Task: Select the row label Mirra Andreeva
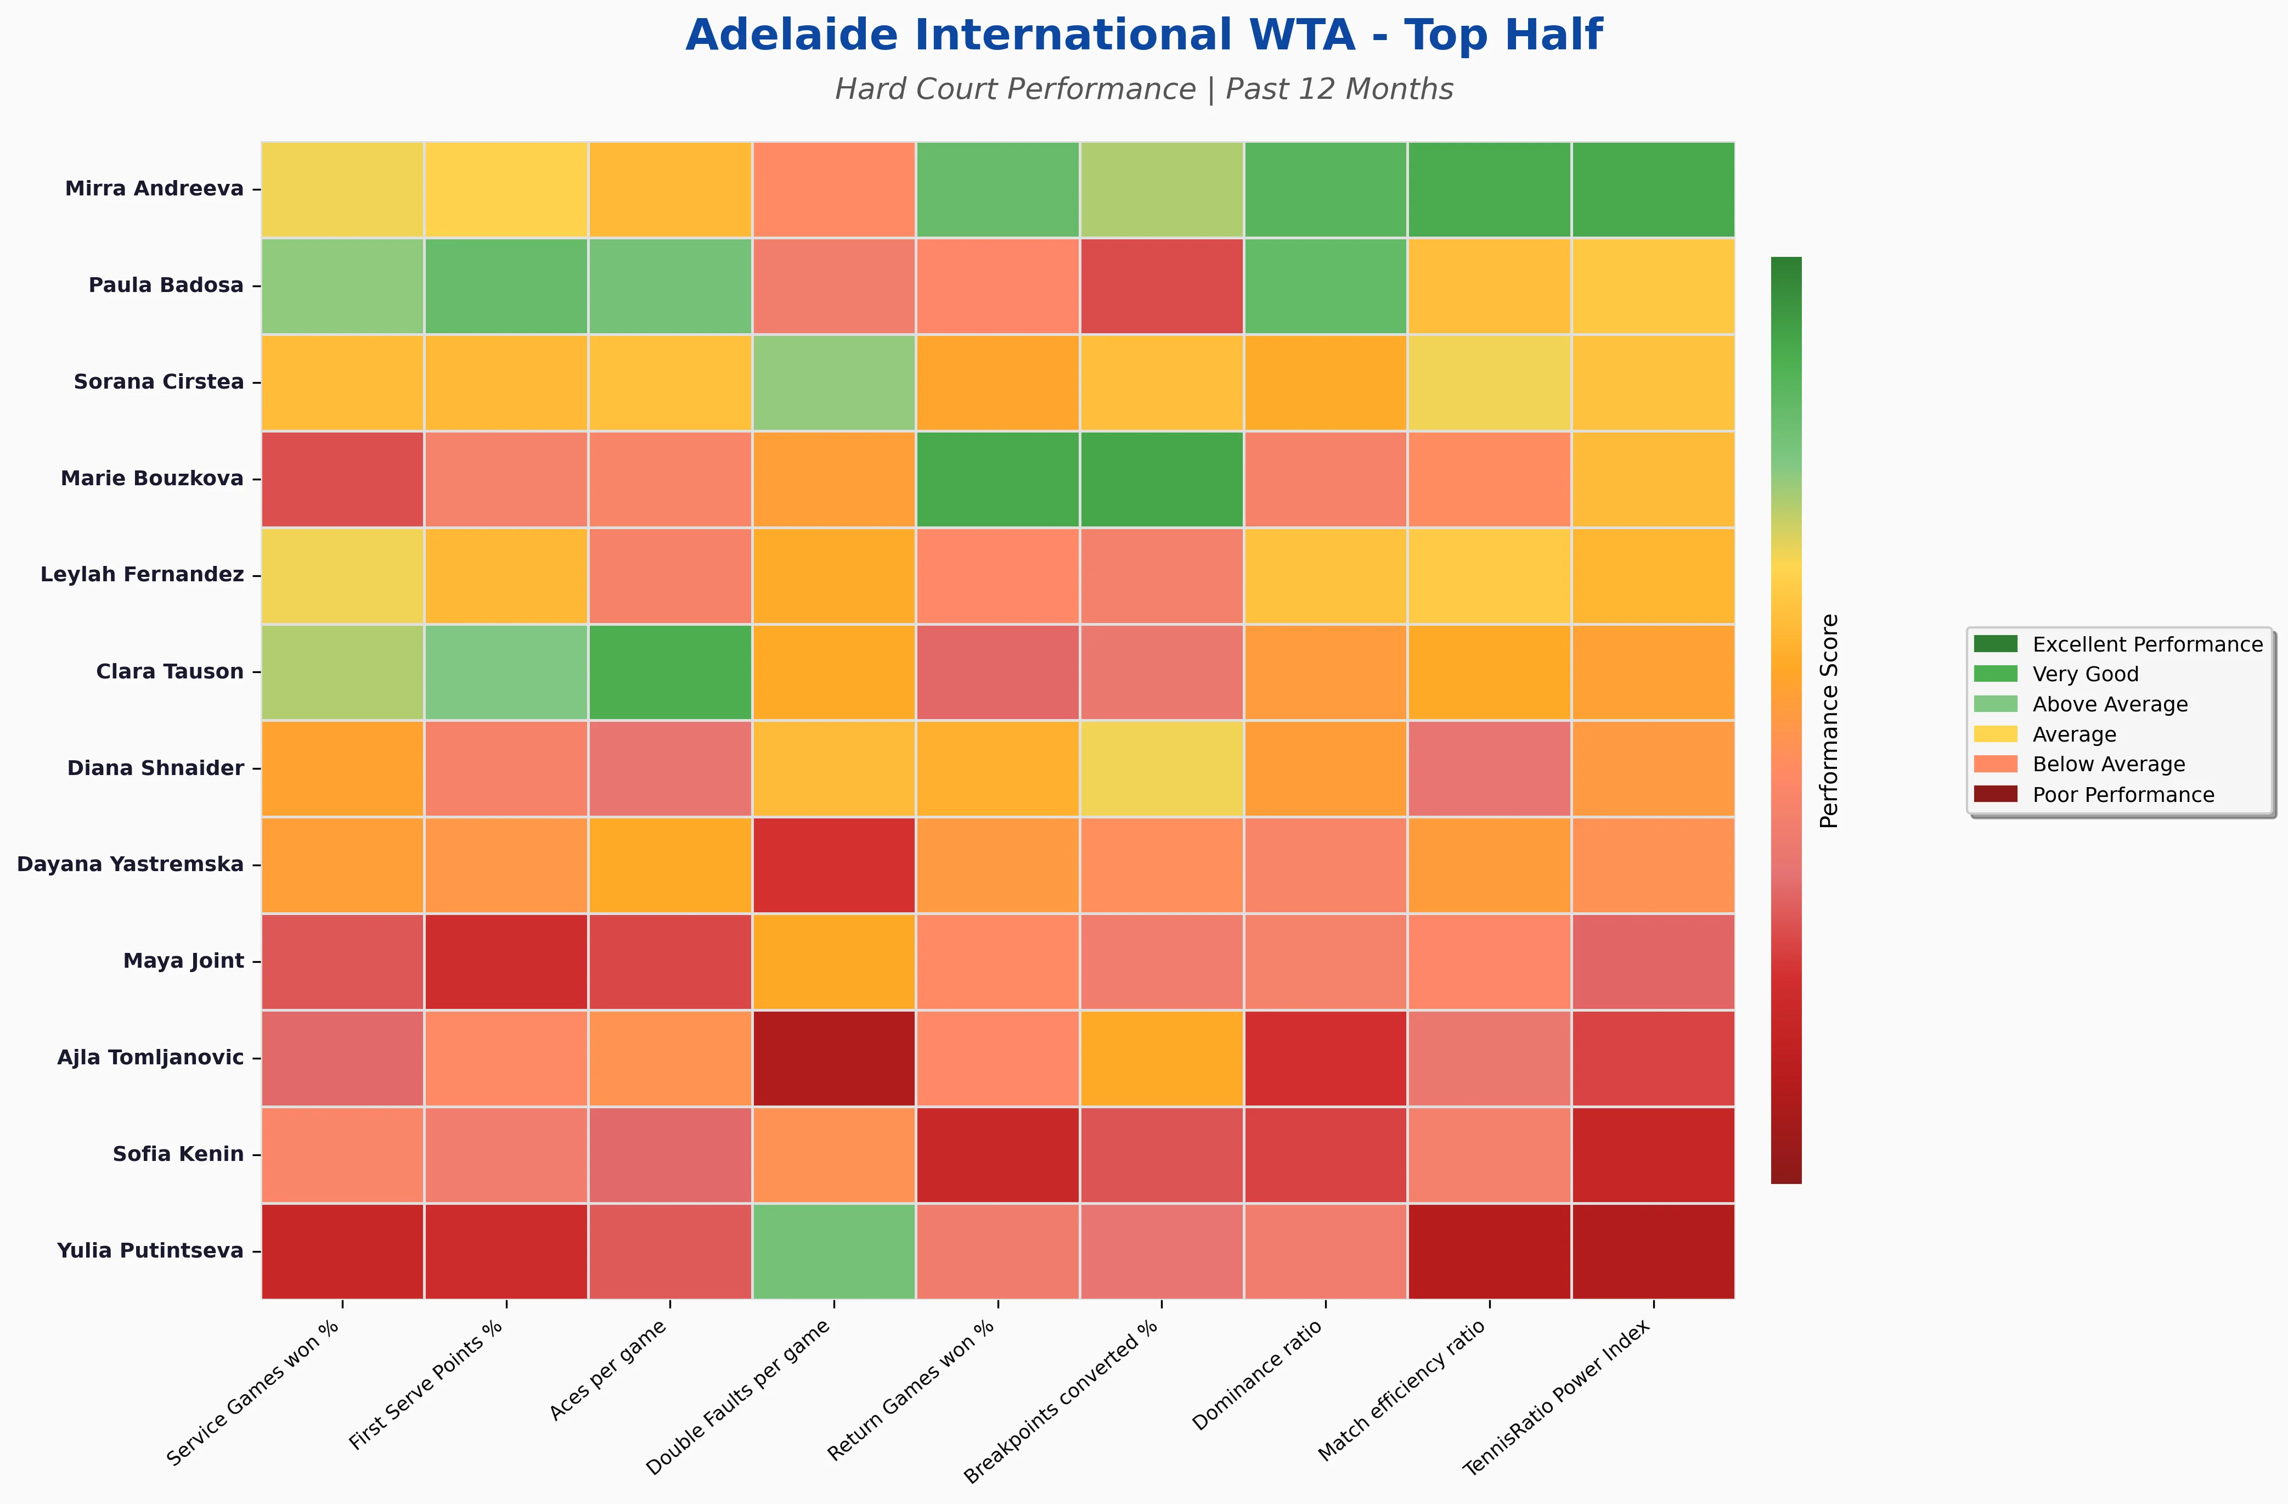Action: click(x=154, y=188)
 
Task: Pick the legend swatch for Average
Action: click(x=1995, y=734)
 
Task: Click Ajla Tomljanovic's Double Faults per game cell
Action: click(x=833, y=1058)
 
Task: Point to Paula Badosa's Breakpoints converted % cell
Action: click(x=1162, y=285)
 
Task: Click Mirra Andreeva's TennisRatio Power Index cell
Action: click(x=1653, y=188)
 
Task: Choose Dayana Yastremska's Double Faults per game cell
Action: click(x=833, y=865)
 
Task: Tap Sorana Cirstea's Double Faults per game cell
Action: click(x=833, y=382)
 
